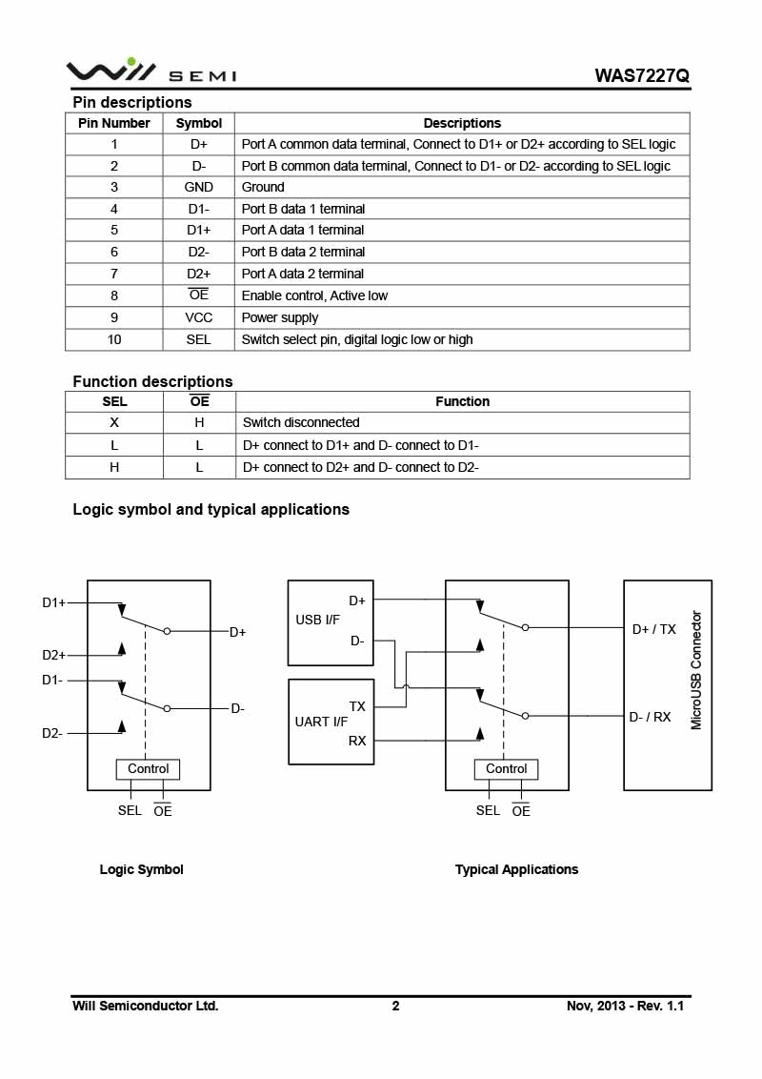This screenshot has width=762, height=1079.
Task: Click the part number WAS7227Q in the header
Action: (x=641, y=75)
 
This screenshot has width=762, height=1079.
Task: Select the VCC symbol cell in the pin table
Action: (x=199, y=317)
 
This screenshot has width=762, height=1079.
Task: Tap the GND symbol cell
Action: (x=199, y=187)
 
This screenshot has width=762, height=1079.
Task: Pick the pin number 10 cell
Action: (x=114, y=339)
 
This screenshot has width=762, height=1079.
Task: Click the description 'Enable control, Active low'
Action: (x=314, y=295)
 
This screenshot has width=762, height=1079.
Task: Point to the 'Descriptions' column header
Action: (x=462, y=123)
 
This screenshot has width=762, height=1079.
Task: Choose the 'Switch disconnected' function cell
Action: (x=301, y=422)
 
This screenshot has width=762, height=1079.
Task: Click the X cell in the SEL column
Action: (x=114, y=422)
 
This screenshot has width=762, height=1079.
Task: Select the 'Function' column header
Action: (x=462, y=401)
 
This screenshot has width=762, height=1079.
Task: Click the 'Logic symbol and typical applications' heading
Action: (x=211, y=509)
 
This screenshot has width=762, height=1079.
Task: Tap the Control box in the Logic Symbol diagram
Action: (x=148, y=769)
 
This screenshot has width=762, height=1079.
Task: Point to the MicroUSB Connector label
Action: (x=696, y=670)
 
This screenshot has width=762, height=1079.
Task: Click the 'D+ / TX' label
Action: (x=653, y=629)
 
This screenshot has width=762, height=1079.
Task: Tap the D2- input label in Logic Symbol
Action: (x=52, y=733)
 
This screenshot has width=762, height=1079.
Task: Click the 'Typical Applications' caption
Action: (x=516, y=869)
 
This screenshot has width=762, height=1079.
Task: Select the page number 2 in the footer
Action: (x=395, y=1006)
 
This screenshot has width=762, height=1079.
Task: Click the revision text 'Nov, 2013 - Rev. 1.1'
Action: (x=625, y=1006)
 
